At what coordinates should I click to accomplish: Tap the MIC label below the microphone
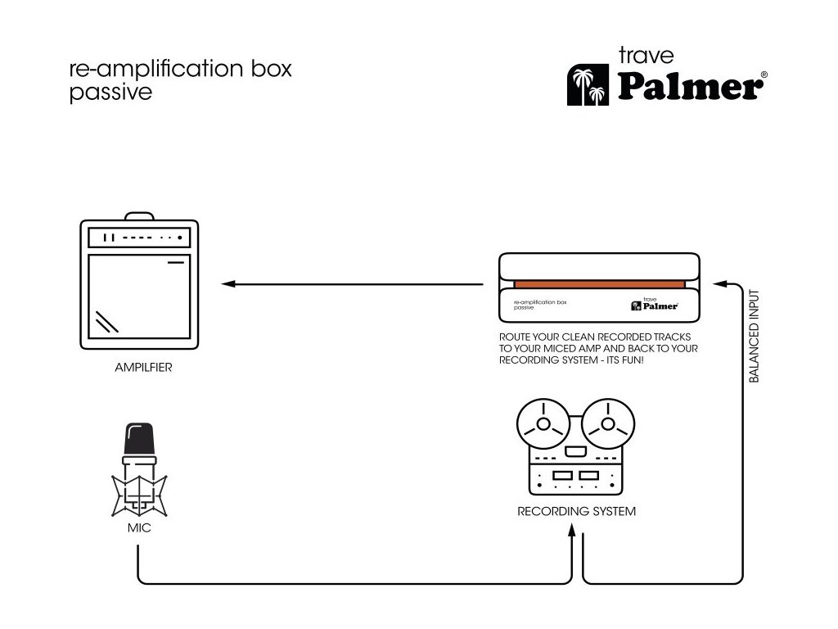[138, 528]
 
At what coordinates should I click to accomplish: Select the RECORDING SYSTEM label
[576, 512]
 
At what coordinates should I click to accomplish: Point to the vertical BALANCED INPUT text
[755, 336]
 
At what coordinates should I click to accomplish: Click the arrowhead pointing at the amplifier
[228, 284]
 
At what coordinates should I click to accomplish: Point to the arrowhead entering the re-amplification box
[719, 284]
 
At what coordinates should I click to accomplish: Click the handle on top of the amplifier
[139, 216]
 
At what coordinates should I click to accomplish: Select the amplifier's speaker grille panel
[139, 301]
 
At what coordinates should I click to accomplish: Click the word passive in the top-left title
[110, 93]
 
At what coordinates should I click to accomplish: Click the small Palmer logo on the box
[654, 305]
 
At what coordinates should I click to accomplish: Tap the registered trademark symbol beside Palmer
[764, 75]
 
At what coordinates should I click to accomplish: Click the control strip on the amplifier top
[139, 238]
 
